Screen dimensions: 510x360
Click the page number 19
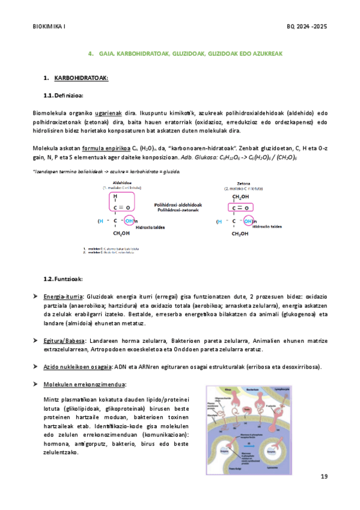point(324,477)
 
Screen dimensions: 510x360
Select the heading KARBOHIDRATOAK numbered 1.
point(81,79)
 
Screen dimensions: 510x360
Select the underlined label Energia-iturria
point(63,297)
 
